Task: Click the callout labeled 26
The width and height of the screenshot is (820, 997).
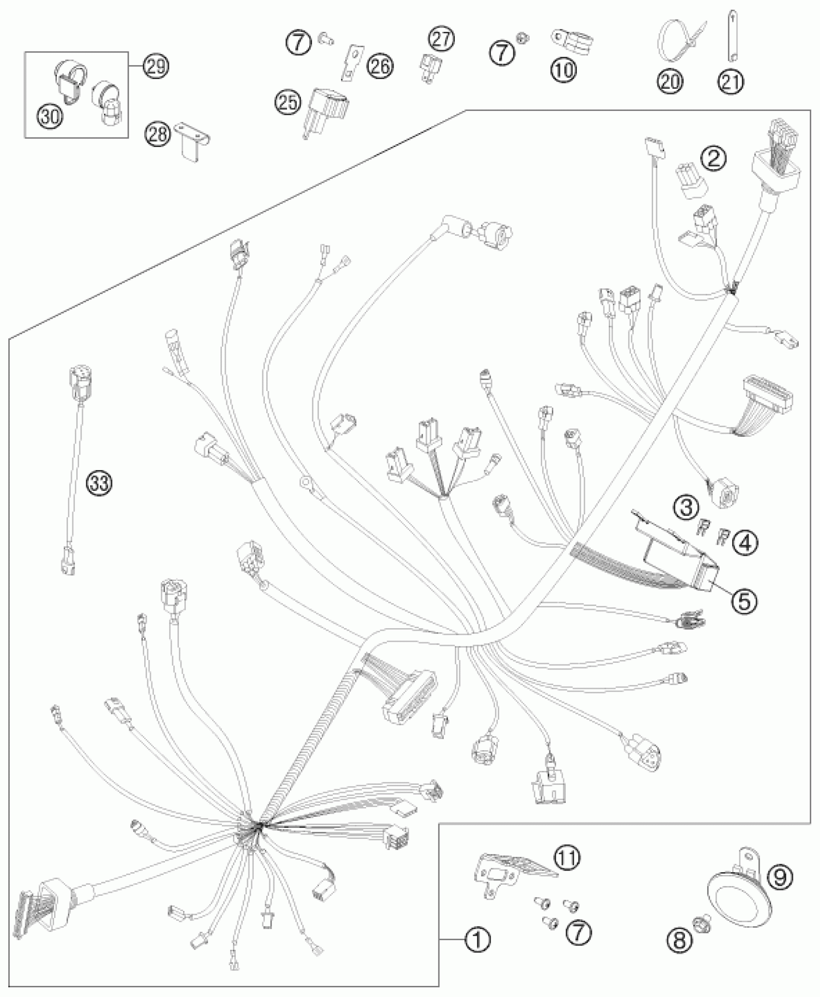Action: click(380, 66)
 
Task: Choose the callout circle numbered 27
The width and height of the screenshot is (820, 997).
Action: click(441, 39)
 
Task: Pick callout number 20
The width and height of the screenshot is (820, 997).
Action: click(670, 81)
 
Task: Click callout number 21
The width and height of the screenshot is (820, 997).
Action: click(731, 81)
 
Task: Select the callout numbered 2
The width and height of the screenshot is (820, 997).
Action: click(714, 158)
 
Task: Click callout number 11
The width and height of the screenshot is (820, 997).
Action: click(567, 858)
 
